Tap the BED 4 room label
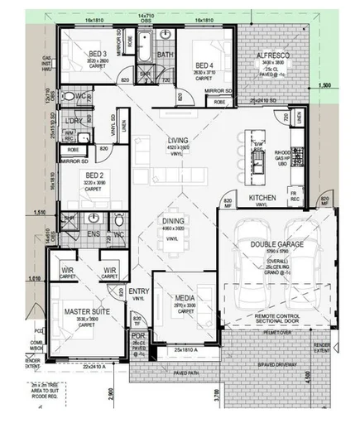pos(204,65)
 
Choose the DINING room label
pos(172,221)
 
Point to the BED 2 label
pos(93,176)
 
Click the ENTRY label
pos(138,291)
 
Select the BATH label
pos(165,55)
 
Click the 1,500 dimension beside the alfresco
pos(324,84)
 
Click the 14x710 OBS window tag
pos(147,17)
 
